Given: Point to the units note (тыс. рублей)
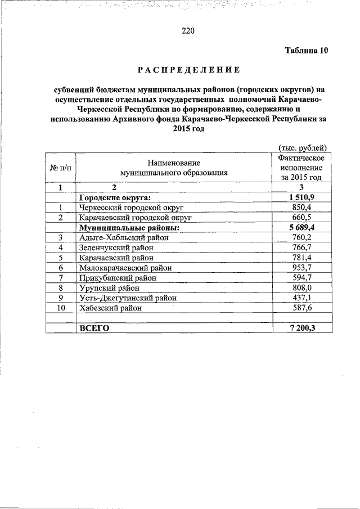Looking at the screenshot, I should (303, 147).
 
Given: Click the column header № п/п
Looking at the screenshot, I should (60, 168).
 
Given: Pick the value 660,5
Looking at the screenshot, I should (301, 217).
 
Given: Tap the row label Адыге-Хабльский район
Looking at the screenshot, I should (124, 237).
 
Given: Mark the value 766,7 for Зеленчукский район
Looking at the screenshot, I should (301, 247).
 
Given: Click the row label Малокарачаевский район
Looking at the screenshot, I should (125, 268).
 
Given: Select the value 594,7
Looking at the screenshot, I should (301, 278).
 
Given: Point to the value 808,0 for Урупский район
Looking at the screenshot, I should (301, 288).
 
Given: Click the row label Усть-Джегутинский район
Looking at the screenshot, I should (128, 298).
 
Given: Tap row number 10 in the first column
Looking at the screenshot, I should (60, 308).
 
